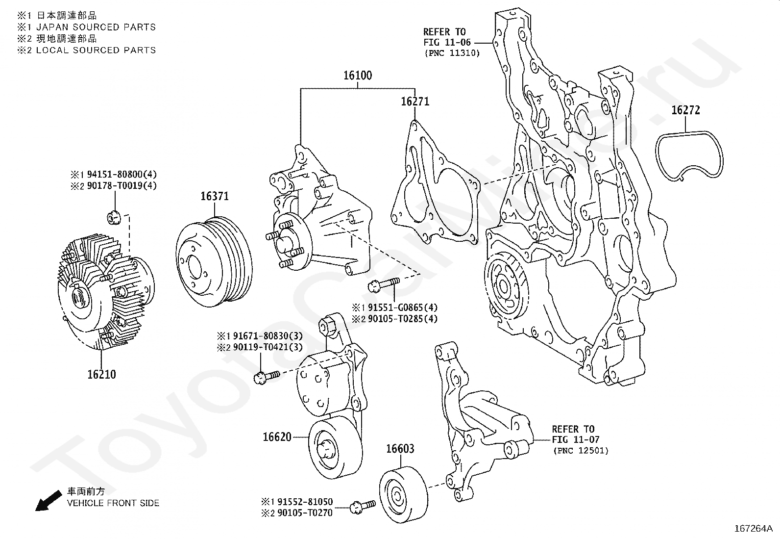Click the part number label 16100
coord(358,76)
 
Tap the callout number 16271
coord(415,102)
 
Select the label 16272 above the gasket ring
coord(685,110)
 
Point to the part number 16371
coord(215,196)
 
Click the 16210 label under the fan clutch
coord(102,374)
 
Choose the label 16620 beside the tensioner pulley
coord(277,437)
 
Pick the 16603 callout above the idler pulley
coord(400,449)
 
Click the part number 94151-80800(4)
coord(122,174)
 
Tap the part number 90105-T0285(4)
coord(403,319)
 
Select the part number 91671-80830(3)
coord(268,336)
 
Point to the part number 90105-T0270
coord(305,513)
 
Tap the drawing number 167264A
coord(753,529)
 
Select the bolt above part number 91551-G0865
coord(383,284)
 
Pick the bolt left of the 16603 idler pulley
coord(364,506)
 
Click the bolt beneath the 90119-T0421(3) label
coord(267,376)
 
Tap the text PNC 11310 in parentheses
coord(452,53)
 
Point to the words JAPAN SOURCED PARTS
coord(96,27)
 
